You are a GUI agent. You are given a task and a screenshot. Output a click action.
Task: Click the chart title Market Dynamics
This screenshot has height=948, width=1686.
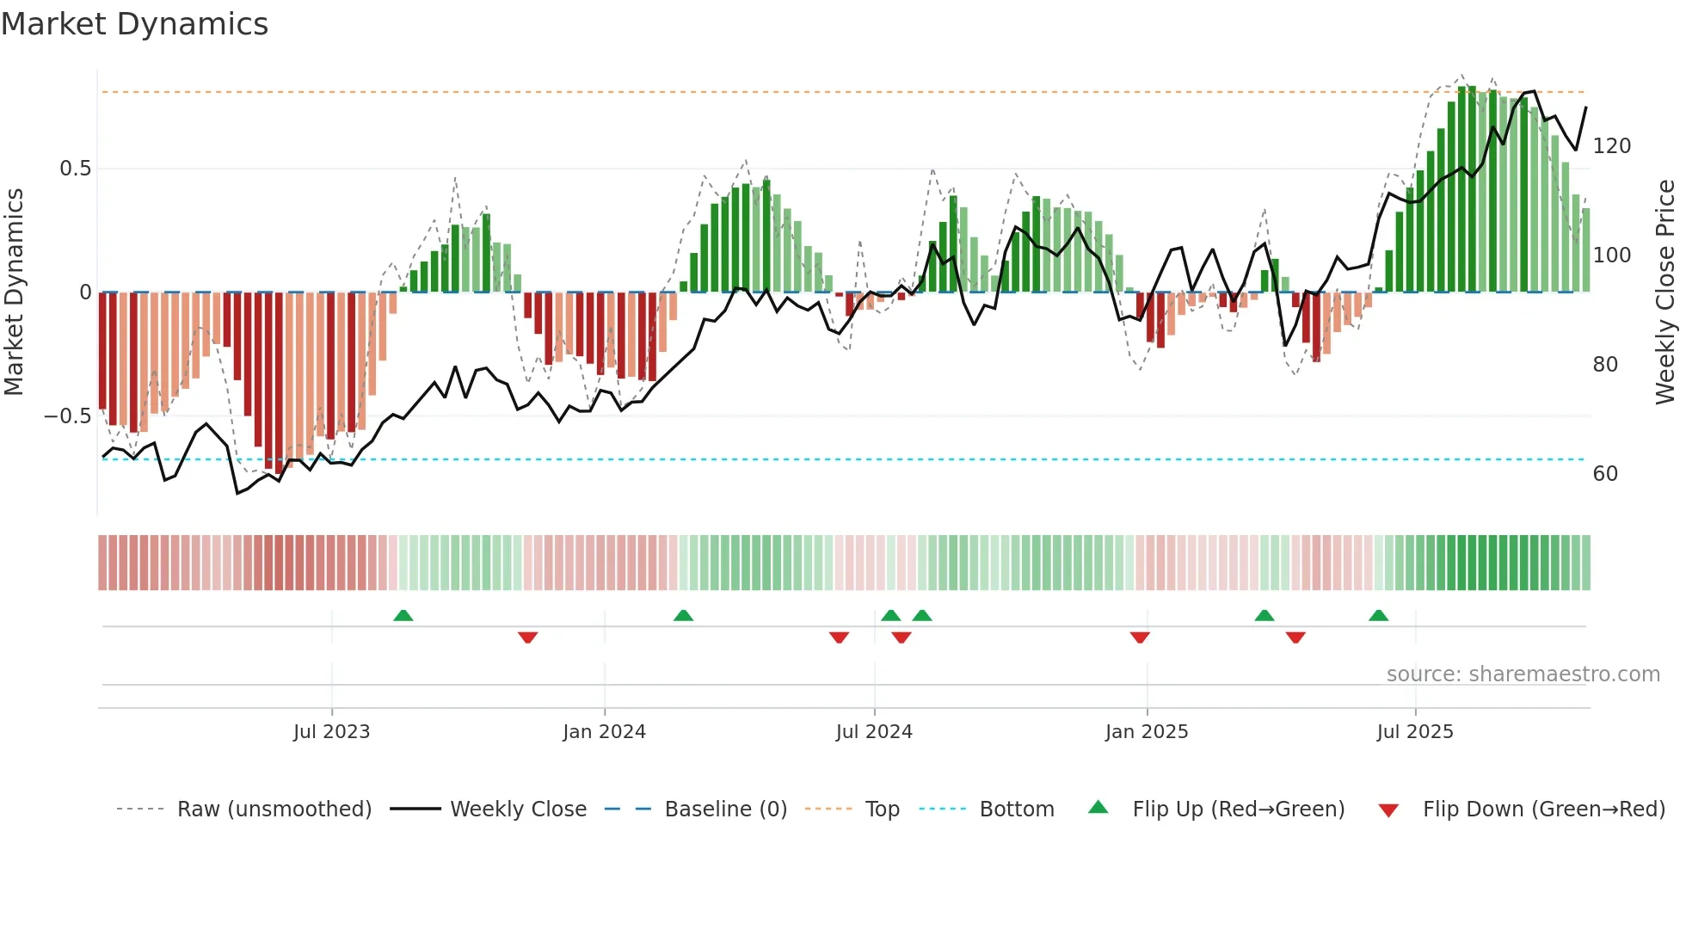coord(134,24)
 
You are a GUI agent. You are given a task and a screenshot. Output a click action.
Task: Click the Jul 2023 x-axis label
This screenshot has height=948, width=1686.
coord(331,732)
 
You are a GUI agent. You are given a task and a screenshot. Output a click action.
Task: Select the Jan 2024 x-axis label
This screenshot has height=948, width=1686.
coord(604,732)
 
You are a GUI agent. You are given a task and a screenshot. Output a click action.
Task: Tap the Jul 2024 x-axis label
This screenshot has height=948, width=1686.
coord(874,732)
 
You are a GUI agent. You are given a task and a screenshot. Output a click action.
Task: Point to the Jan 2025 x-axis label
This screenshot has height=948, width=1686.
coord(1147,732)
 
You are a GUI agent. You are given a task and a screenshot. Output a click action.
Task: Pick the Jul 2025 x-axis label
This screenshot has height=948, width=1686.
coord(1415,732)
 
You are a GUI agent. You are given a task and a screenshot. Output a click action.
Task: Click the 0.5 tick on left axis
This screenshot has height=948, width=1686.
coord(76,169)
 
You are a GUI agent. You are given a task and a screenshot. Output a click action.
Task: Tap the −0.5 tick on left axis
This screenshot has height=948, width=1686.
coord(68,416)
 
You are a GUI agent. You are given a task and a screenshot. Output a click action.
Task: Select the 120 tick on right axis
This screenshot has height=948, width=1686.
coord(1611,146)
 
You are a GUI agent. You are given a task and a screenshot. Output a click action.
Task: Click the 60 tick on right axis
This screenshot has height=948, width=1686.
coord(1605,474)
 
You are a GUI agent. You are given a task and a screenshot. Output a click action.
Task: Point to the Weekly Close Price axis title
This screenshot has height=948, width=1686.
coord(1665,292)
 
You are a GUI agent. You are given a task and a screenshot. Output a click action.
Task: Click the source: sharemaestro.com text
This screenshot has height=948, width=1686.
coord(1523,674)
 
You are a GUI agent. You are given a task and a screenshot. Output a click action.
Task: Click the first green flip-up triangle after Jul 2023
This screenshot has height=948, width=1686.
coord(403,616)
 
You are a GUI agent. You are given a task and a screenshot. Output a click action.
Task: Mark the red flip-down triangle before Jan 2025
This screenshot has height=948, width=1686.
coord(1140,637)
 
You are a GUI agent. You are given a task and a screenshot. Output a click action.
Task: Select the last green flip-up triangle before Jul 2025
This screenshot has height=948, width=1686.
coord(1378,616)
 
